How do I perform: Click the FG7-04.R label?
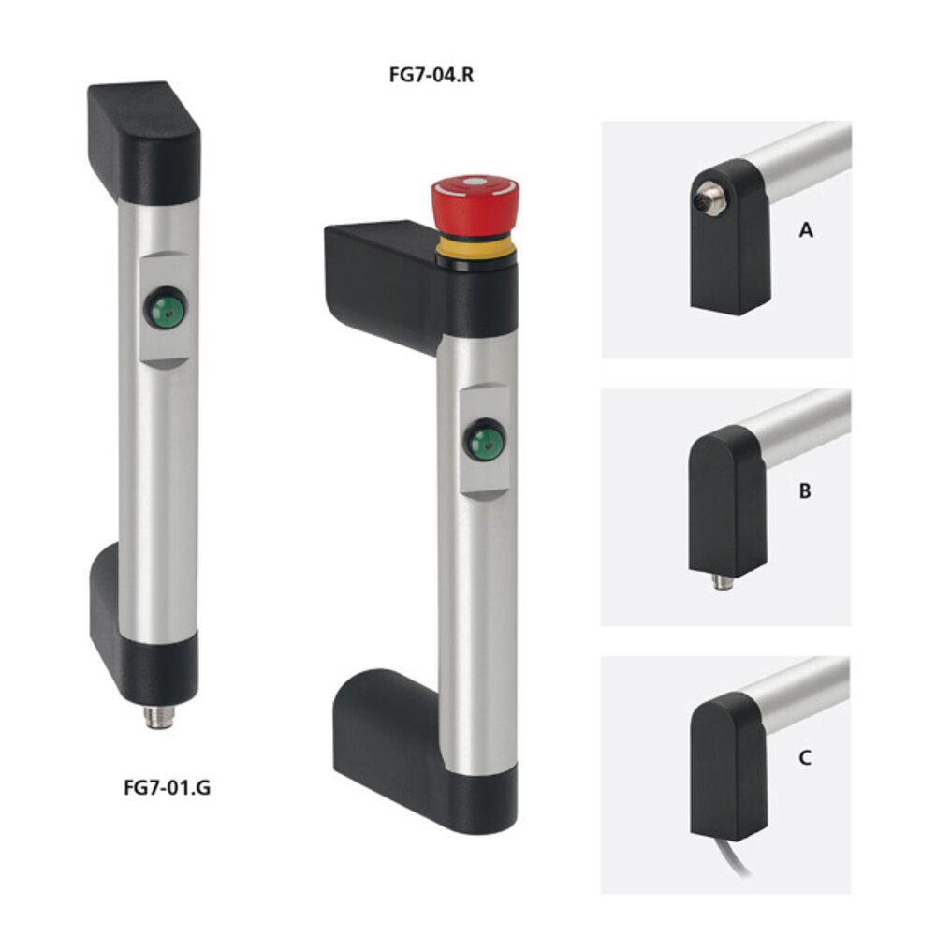[x=431, y=75]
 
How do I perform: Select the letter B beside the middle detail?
[x=805, y=490]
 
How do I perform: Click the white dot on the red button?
[x=475, y=182]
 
